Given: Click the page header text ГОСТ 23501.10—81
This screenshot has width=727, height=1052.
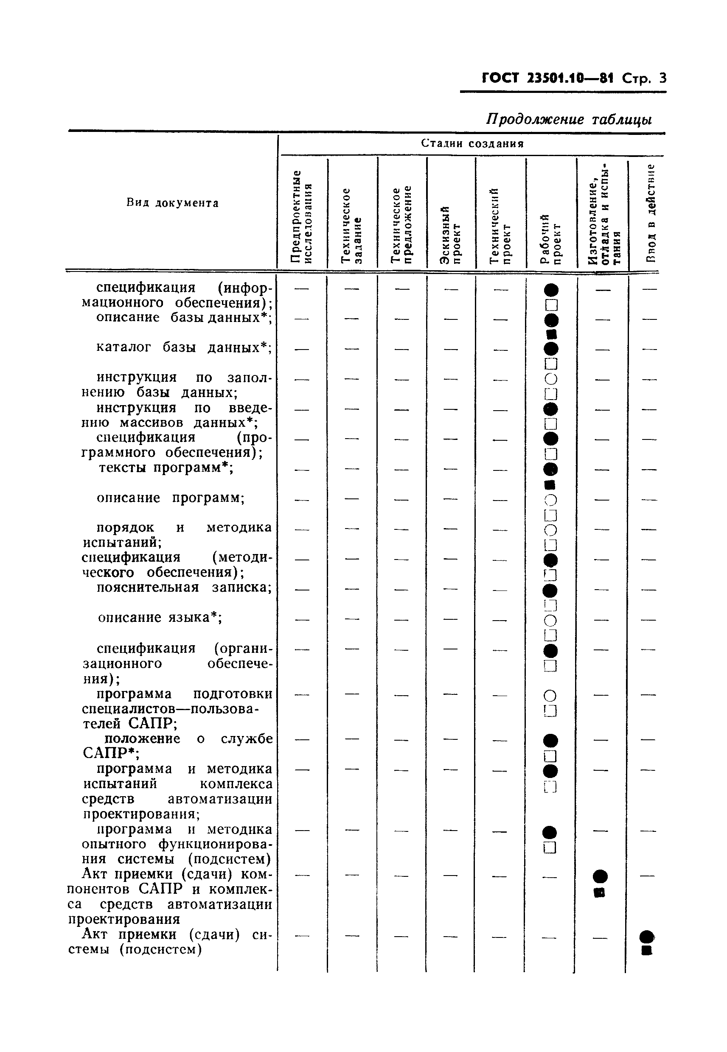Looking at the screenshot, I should pyautogui.click(x=547, y=78).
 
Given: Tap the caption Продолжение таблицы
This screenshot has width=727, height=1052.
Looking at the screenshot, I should pyautogui.click(x=568, y=119).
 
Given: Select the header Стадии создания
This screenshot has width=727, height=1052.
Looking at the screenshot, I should pyautogui.click(x=472, y=143).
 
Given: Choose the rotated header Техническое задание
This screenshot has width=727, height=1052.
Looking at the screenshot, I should pyautogui.click(x=352, y=226).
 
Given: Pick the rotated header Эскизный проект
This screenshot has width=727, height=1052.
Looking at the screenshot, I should pyautogui.click(x=450, y=235).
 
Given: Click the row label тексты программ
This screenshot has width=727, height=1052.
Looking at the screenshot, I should pyautogui.click(x=166, y=467).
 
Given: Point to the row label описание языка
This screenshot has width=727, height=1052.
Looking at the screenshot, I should pyautogui.click(x=160, y=618).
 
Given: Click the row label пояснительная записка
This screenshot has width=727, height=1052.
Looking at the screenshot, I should pyautogui.click(x=184, y=588).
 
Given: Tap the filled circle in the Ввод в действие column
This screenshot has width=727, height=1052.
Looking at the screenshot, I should pyautogui.click(x=646, y=937).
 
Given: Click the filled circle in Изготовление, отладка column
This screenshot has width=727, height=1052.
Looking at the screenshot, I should pyautogui.click(x=600, y=876).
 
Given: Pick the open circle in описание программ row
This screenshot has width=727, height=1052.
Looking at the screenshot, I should pyautogui.click(x=551, y=500).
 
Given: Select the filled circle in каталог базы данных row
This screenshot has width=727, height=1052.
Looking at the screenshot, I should pyautogui.click(x=551, y=349).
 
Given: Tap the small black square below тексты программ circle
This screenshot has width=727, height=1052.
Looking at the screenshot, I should pyautogui.click(x=550, y=484).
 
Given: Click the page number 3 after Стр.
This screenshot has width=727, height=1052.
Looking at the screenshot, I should pyautogui.click(x=662, y=78).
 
